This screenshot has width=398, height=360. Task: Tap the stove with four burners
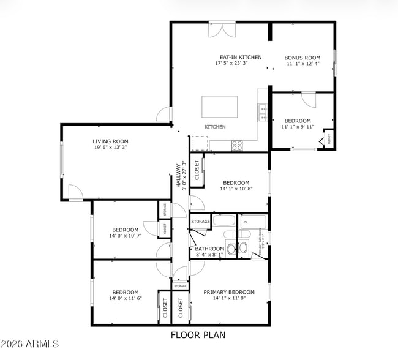237,145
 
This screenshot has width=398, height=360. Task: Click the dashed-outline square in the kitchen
200,143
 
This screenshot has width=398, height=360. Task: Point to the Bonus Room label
302,58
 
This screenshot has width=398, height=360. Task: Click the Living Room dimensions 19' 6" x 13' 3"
111,148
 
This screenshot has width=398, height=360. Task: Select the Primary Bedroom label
229,292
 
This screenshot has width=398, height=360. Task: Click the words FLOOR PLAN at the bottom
198,335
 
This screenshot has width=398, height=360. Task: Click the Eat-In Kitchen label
238,57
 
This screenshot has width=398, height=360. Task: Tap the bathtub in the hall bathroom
223,222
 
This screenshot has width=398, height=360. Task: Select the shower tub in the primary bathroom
253,222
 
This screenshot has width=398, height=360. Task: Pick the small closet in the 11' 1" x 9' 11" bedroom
329,140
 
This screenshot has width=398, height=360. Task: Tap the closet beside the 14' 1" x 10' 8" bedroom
197,172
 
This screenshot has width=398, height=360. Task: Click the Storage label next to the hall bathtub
200,222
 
